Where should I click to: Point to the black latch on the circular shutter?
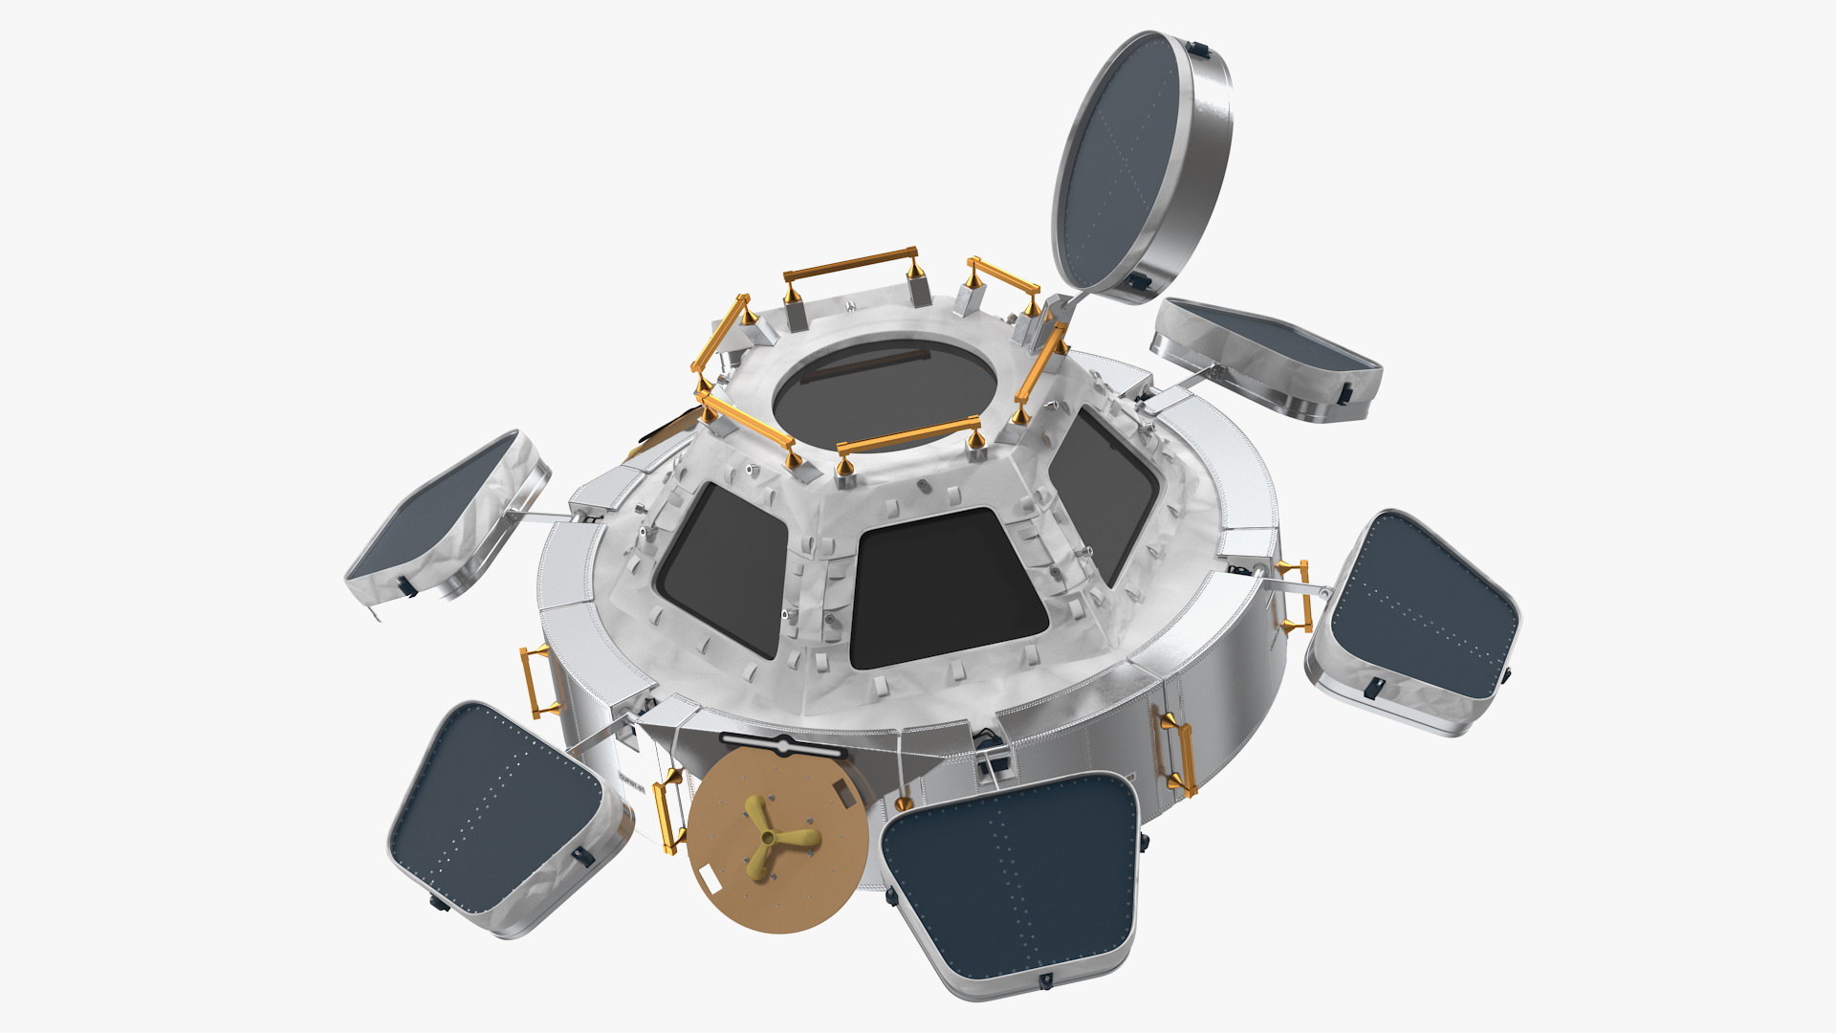tap(1140, 280)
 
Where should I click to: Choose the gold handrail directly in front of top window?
tap(908, 436)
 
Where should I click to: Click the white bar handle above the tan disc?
tap(783, 742)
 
